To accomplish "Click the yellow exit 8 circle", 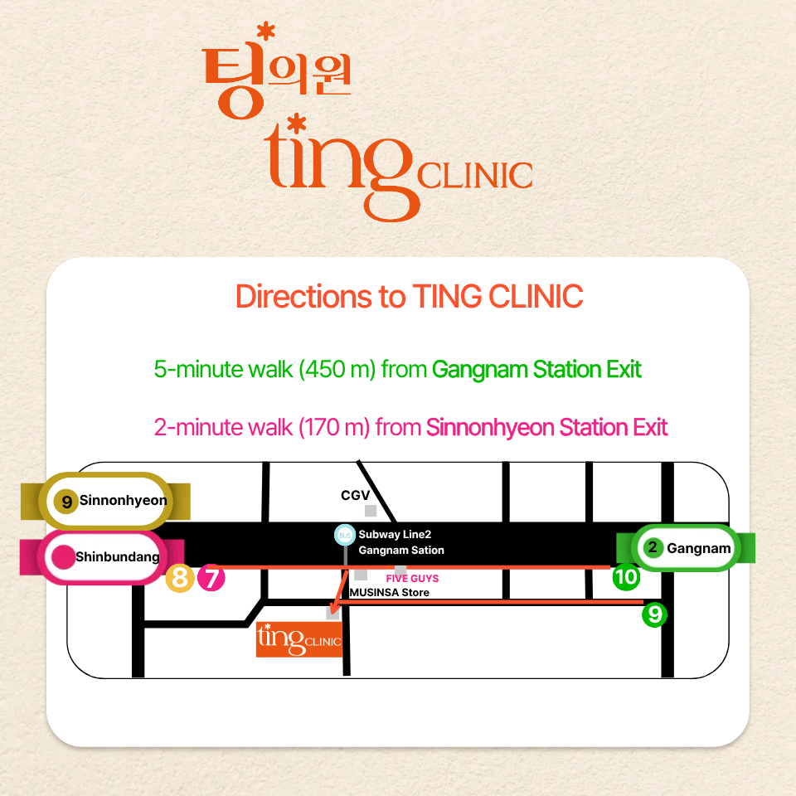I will coord(180,578).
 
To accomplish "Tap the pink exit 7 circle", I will coord(211,578).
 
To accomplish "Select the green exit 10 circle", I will coord(626,577).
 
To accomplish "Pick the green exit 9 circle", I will coord(654,614).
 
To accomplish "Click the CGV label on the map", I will coord(355,495).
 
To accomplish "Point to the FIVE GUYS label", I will coord(412,578).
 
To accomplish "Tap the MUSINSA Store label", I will coord(389,592).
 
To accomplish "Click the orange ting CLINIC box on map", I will coord(299,639).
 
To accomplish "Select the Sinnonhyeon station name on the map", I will coord(123,501).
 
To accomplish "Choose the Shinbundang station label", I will coord(117,557).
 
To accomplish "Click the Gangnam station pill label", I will coord(698,548).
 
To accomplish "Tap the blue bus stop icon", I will coord(345,535).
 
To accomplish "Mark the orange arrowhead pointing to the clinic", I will coord(332,613).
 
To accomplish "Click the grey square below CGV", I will coord(371,511).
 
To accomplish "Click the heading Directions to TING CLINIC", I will coord(409,297).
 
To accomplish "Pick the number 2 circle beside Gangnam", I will coord(653,548).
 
